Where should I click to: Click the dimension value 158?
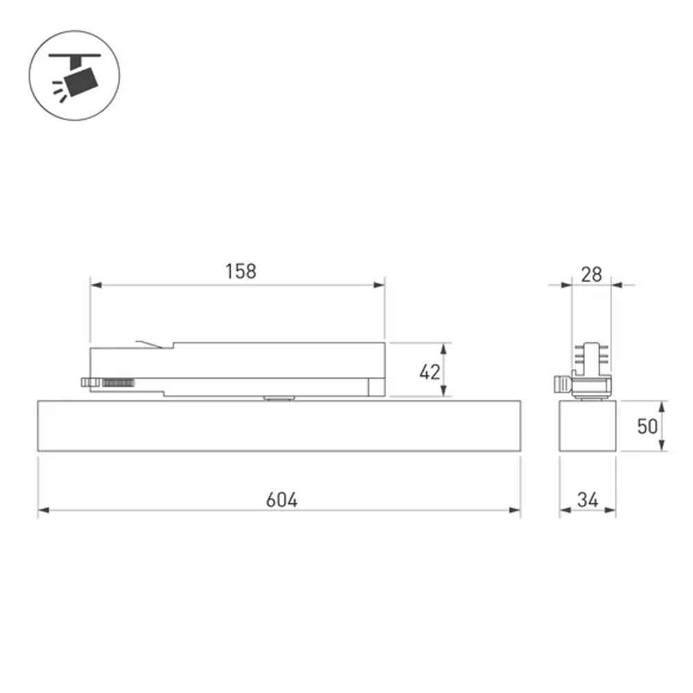tap(240, 271)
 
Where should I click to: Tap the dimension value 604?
tap(282, 499)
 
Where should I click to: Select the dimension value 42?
tap(430, 372)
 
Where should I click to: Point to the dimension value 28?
tap(591, 274)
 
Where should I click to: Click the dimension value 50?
tap(647, 426)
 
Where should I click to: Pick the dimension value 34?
tap(587, 499)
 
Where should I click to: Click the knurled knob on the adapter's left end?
tap(89, 382)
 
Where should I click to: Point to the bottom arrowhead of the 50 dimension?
tap(663, 446)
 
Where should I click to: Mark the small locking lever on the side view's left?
tap(561, 383)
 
